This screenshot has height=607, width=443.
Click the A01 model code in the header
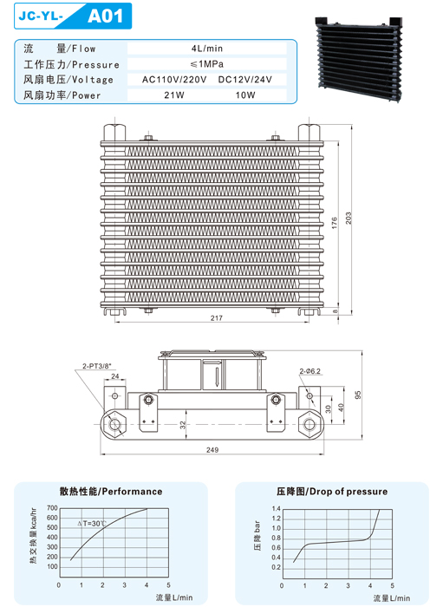(x=105, y=16)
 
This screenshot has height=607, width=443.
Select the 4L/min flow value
(x=207, y=49)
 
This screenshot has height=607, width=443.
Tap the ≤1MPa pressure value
(x=207, y=64)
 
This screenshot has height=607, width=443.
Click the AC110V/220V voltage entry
(x=174, y=80)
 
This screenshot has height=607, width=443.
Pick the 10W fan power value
(x=245, y=95)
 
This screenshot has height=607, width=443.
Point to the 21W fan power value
(x=174, y=95)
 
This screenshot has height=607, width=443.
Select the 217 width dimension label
(x=216, y=318)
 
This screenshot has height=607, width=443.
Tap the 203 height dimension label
(x=349, y=218)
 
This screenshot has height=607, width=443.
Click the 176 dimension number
(x=335, y=223)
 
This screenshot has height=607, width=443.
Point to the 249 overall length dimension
(x=212, y=450)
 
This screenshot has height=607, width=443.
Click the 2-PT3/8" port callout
(x=97, y=366)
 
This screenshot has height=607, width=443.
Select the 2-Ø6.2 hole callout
(x=309, y=371)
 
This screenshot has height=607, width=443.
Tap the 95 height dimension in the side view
(x=358, y=395)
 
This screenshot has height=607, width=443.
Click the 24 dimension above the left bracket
(x=115, y=375)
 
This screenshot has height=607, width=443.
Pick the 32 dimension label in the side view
(x=183, y=425)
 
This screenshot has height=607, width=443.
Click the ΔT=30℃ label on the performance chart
(x=92, y=524)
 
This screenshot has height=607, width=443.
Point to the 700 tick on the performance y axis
(x=52, y=508)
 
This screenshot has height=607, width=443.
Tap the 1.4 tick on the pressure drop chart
(x=277, y=509)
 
